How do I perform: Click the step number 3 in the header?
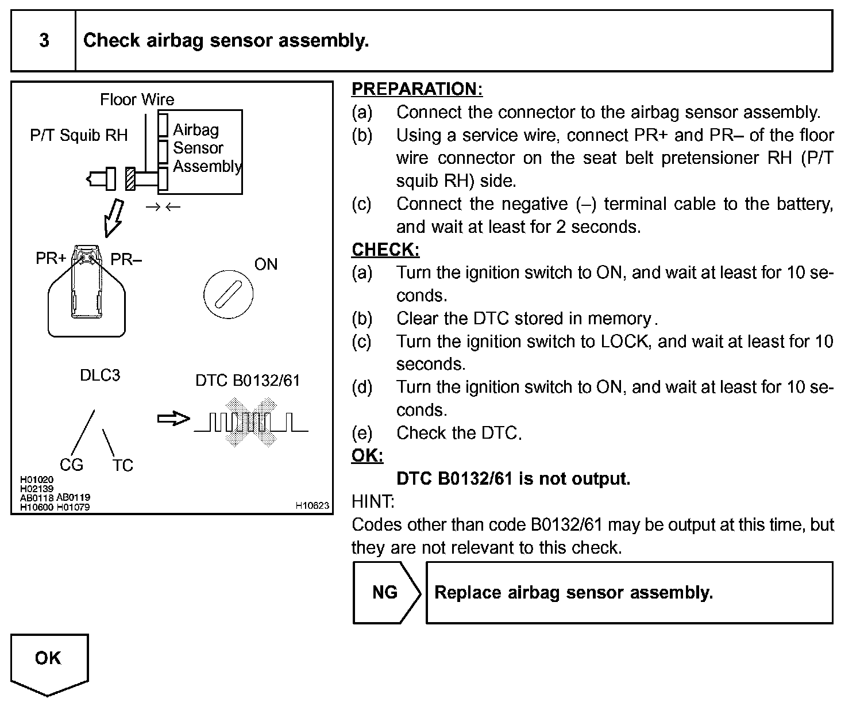44,40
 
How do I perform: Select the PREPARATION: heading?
417,89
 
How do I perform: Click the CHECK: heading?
385,250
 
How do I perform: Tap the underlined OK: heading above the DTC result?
367,455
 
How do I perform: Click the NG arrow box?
386,592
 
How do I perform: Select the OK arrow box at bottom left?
49,661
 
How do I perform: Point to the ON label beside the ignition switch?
265,264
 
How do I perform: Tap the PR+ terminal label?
51,259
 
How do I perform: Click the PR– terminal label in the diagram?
126,259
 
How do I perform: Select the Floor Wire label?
137,99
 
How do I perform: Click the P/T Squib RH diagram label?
79,135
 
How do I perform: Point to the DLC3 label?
100,375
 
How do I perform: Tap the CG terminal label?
71,465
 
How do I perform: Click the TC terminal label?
122,465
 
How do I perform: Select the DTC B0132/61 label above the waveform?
248,381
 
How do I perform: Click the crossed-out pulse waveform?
251,423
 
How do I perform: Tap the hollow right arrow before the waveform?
173,419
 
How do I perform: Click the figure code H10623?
313,505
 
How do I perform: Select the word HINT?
373,501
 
